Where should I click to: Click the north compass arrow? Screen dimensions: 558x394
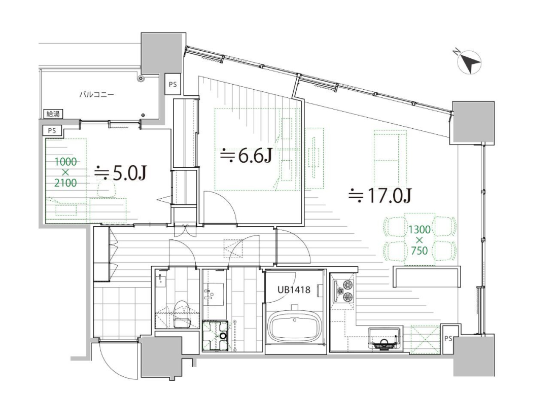[x=470, y=62]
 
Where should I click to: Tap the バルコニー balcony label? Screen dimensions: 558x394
[x=96, y=95]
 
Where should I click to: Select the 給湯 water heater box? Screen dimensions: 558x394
[x=53, y=114]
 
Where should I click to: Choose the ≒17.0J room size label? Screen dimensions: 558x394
[x=379, y=195]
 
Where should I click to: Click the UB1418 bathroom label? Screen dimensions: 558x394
[x=294, y=290]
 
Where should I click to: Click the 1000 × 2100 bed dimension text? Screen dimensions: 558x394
[x=65, y=172]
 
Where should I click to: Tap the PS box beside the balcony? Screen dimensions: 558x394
[x=173, y=84]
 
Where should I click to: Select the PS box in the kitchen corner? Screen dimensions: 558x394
[x=448, y=338]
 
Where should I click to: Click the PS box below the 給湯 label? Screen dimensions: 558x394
[x=52, y=130]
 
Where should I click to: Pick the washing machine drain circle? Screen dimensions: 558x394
[x=223, y=335]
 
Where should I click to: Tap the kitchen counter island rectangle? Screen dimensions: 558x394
[x=426, y=276]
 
